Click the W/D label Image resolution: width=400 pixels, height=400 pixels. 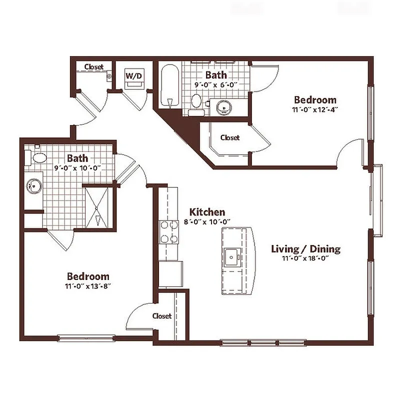[133, 76]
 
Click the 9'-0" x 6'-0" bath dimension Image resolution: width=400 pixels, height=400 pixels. [215, 85]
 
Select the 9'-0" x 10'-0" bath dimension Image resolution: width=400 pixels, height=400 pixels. [77, 168]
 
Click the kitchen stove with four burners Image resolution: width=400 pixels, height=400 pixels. [168, 232]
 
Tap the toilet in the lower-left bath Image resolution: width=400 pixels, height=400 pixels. [37, 158]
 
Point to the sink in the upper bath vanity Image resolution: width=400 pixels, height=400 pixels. [223, 106]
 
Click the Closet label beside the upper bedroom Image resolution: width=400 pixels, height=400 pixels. [230, 137]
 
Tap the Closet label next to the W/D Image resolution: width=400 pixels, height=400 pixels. [93, 66]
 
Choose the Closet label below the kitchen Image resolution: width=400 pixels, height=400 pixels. [162, 316]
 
